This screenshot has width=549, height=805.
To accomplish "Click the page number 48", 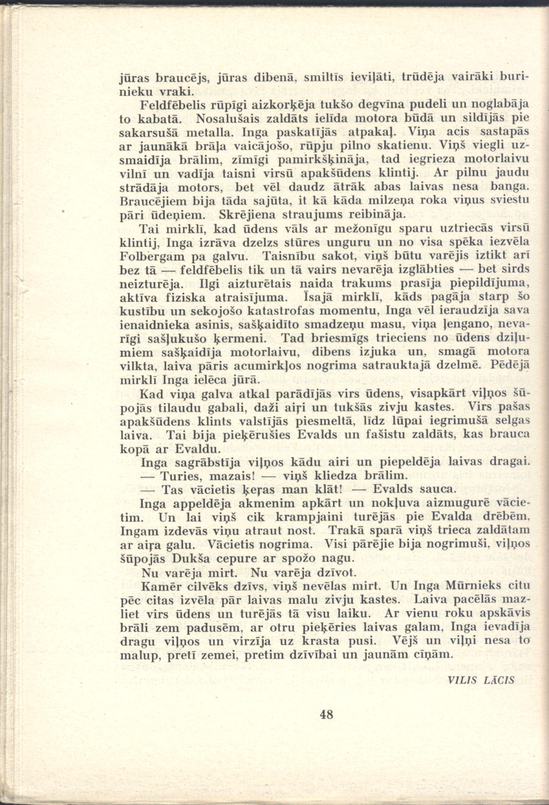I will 326,714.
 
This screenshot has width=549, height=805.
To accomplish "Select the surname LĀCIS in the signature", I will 499,680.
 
